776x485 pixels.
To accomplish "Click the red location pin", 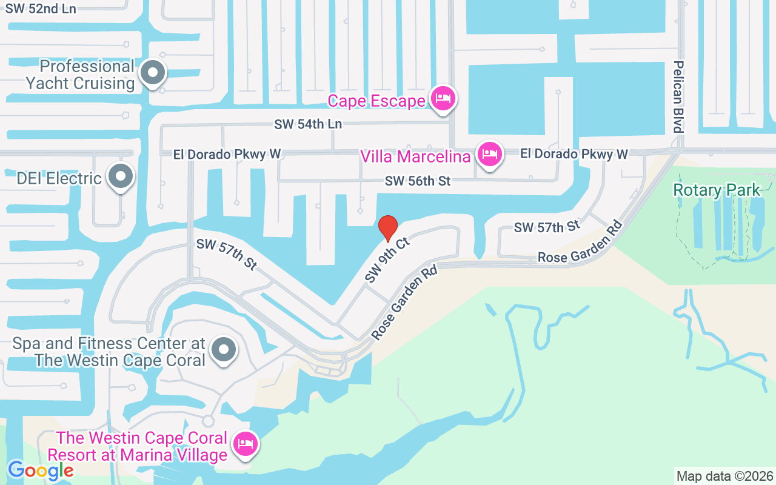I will click(x=388, y=228).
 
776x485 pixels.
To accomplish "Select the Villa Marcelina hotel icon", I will click(x=489, y=155).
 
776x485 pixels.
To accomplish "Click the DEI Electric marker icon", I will click(x=121, y=177).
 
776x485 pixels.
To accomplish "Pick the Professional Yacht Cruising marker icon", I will click(x=153, y=73).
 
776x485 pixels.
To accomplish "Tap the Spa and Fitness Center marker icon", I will click(x=224, y=349).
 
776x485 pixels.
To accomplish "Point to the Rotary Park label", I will click(x=717, y=190).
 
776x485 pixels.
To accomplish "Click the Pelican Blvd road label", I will click(x=678, y=96).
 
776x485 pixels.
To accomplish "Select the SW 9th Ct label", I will click(x=388, y=260).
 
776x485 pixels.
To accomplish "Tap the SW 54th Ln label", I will click(x=308, y=124).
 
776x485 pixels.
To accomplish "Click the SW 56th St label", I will click(x=418, y=181).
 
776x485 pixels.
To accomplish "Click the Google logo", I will click(x=41, y=470).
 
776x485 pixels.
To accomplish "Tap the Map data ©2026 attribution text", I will click(x=725, y=476).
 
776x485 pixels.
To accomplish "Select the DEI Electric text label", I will click(x=59, y=178).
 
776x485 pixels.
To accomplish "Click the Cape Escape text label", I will click(x=376, y=101).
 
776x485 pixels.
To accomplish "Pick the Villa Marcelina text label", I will click(x=415, y=156).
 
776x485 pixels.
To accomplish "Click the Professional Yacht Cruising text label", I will click(x=80, y=75).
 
